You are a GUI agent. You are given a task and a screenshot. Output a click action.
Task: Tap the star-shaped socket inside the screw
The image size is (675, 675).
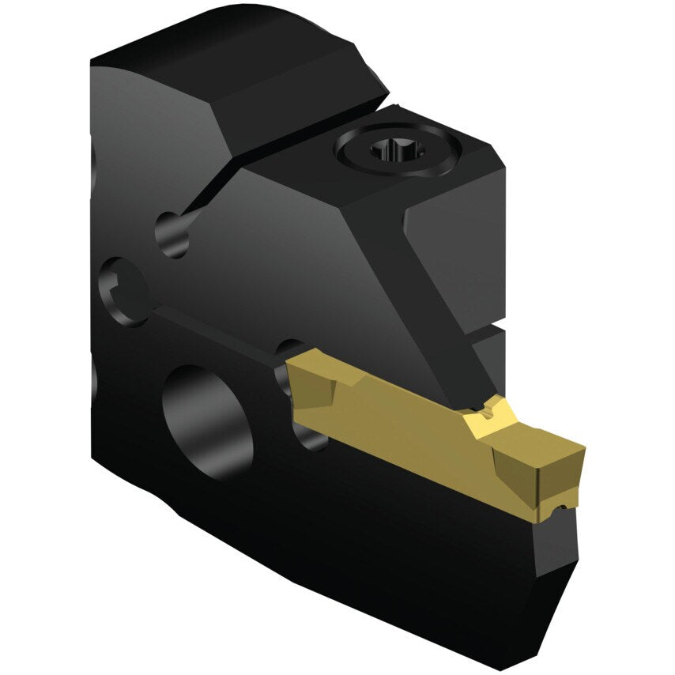point(393,148)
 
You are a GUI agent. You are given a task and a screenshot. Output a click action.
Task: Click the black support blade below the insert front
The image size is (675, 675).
point(553,569)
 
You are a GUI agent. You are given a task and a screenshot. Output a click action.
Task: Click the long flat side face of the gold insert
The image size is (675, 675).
point(395,431)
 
